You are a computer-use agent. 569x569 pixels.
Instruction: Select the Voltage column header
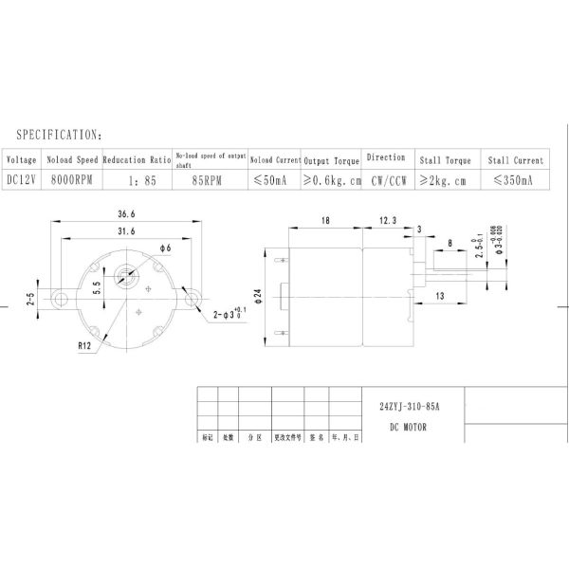click(23, 159)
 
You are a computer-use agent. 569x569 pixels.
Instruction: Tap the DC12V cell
click(23, 178)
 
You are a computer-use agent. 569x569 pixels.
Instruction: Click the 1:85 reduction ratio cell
click(137, 178)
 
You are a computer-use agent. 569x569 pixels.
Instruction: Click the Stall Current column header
click(515, 160)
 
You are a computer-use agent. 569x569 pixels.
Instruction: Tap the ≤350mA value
click(514, 178)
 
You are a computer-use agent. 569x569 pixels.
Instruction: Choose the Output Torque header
click(332, 160)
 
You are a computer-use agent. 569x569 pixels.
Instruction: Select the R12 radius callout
click(86, 347)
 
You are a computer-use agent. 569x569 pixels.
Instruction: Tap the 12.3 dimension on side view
click(389, 220)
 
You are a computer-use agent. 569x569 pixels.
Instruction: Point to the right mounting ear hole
click(193, 300)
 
